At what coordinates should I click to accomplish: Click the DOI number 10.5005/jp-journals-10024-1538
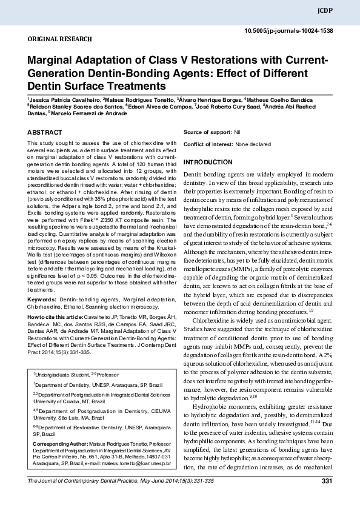pyautogui.click(x=288, y=30)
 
